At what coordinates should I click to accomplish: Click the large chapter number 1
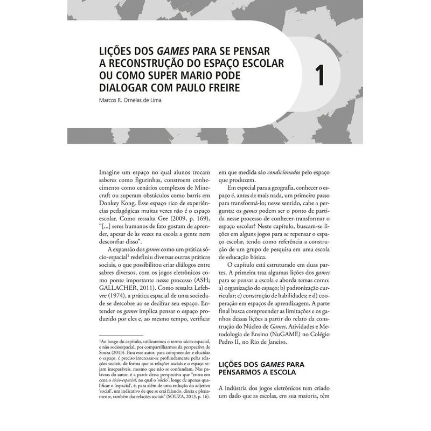pyautogui.click(x=320, y=75)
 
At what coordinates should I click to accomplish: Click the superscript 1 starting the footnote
pyautogui.click(x=100, y=340)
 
